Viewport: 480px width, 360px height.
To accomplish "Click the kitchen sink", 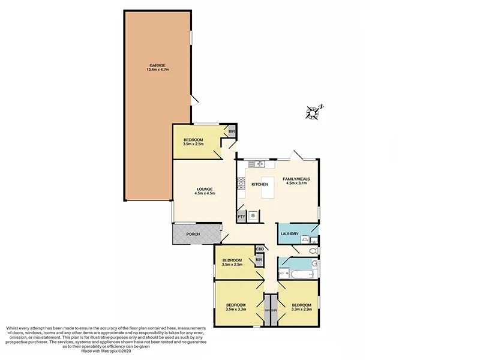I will [260, 164].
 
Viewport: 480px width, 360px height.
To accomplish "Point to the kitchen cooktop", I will [239, 182].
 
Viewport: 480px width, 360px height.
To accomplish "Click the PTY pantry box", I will [241, 217].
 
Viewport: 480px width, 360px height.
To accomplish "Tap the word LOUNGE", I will [203, 189].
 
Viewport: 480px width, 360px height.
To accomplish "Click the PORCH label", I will [193, 234].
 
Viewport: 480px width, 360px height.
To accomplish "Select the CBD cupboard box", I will [260, 249].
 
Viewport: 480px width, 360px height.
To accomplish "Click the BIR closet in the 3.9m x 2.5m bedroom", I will [231, 131].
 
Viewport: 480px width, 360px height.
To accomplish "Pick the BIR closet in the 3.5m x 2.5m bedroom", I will [259, 260].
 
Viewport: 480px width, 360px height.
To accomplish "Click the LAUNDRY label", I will [290, 233].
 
